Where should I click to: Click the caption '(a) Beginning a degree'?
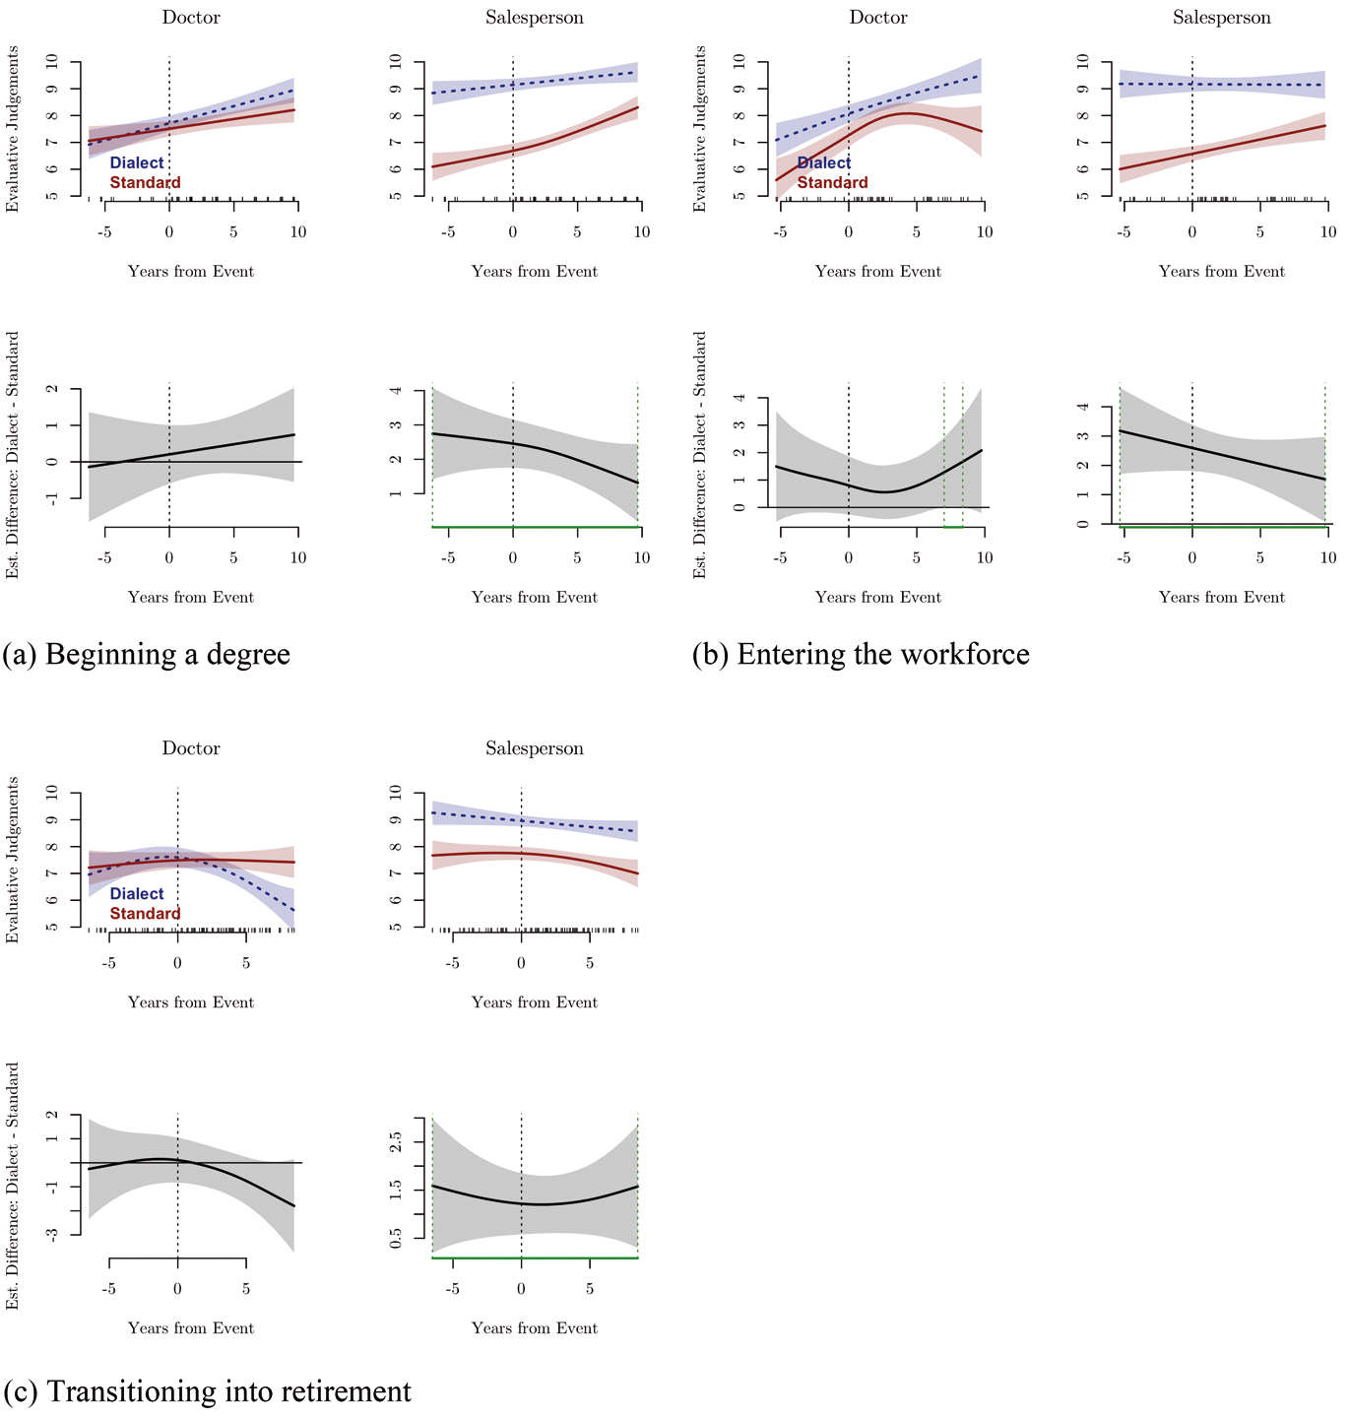(147, 655)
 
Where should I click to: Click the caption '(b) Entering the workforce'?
(861, 655)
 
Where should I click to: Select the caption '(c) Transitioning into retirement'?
(208, 1391)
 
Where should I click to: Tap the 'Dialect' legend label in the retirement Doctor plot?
(136, 894)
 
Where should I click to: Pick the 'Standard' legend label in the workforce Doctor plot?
(832, 183)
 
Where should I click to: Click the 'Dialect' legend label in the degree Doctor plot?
(136, 163)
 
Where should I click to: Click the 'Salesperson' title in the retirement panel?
(534, 748)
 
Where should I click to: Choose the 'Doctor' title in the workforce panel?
(878, 18)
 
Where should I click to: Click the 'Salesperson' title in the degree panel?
(534, 18)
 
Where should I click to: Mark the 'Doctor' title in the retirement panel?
(191, 748)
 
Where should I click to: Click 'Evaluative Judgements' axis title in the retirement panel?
(13, 860)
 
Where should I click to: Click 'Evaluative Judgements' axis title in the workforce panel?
(700, 129)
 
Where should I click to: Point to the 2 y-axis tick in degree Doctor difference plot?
(52, 389)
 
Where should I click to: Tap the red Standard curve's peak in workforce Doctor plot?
(907, 113)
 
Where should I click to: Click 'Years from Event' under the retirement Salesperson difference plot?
(534, 1328)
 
